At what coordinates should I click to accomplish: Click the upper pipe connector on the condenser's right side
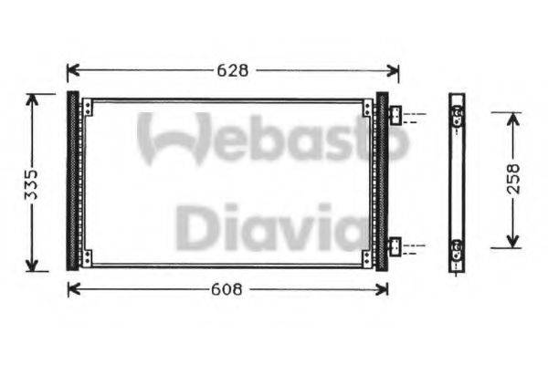click(395, 116)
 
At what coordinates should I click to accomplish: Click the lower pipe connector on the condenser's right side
click(395, 245)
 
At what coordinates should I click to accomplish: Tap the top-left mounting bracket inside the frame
click(87, 109)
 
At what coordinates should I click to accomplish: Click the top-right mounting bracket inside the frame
click(367, 109)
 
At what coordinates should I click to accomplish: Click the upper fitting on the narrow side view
click(457, 115)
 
